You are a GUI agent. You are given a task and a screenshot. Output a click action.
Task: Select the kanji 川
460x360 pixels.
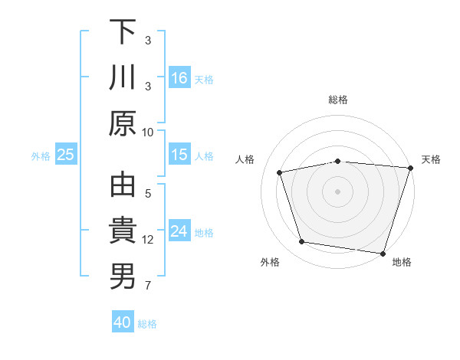click(x=123, y=78)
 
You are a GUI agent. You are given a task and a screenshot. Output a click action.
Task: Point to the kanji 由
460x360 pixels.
click(x=123, y=186)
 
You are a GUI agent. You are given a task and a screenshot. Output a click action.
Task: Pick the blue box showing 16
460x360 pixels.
click(x=179, y=77)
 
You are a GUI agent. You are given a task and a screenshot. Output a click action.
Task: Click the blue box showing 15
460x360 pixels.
click(x=179, y=155)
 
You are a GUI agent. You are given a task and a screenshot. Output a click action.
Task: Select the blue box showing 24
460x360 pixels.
click(x=179, y=231)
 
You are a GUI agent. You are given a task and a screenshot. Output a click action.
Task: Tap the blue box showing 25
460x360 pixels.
click(x=65, y=155)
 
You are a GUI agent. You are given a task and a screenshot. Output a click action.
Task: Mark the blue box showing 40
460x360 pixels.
click(x=123, y=322)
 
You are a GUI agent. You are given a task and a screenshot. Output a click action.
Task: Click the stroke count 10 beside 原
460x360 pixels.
click(x=148, y=132)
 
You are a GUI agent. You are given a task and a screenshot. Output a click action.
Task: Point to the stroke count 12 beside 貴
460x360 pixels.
click(x=148, y=240)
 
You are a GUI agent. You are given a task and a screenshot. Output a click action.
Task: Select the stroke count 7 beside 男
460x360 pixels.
click(x=148, y=286)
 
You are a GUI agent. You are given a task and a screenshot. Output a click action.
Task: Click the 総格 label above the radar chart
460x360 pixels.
click(x=337, y=100)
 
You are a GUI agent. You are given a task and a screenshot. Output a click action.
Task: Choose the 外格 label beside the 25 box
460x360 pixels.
click(x=41, y=155)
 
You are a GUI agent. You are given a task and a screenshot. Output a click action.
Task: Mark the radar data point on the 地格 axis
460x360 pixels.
click(x=382, y=253)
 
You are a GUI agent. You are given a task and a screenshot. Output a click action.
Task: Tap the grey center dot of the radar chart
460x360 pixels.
click(x=337, y=191)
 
